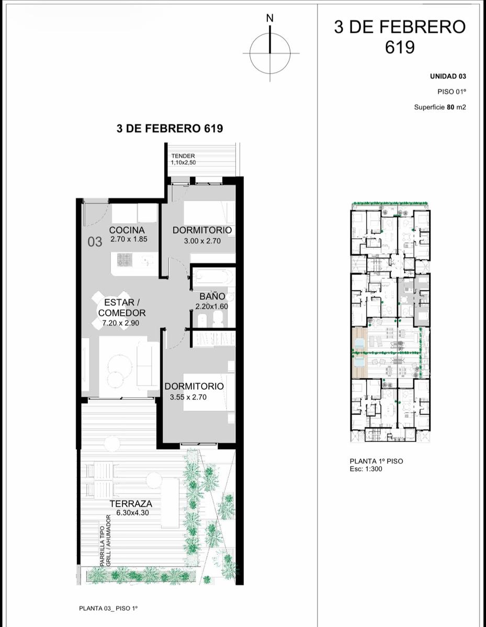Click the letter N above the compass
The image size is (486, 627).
click(270, 18)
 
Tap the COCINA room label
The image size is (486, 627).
click(127, 230)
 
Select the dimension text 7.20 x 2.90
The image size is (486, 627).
click(121, 323)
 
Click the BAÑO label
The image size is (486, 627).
click(212, 296)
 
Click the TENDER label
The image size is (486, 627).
click(183, 156)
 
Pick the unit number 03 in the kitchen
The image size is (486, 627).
click(95, 242)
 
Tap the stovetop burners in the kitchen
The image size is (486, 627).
click(125, 260)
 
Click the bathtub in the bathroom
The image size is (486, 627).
click(213, 276)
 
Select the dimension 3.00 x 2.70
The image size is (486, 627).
click(202, 241)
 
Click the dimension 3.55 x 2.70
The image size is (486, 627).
click(188, 397)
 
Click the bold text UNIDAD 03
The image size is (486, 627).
click(448, 76)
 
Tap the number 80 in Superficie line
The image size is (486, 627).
click(450, 107)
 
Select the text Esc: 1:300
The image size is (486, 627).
click(366, 469)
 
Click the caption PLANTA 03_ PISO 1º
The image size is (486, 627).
click(108, 609)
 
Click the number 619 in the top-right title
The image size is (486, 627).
click(400, 48)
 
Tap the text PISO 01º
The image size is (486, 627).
click(451, 92)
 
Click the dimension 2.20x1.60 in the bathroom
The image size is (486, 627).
click(212, 306)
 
